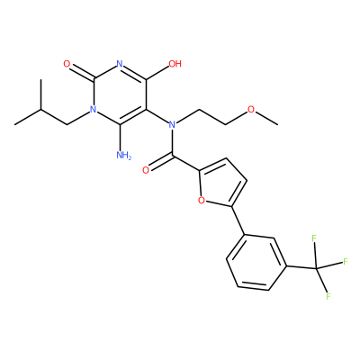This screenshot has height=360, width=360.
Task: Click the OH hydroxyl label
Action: point(175,64)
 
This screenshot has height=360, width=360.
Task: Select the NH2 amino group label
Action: point(123,155)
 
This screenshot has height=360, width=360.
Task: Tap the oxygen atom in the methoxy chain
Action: point(251,110)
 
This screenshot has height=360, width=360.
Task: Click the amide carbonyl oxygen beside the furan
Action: point(146,170)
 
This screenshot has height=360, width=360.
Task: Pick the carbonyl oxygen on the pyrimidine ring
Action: point(67,64)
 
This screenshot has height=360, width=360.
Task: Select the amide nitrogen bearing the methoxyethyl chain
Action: point(172,124)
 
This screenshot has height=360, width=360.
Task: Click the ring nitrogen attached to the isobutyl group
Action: point(94,110)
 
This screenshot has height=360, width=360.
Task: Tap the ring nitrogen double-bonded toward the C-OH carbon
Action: point(120,64)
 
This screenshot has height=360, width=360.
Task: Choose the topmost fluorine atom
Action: point(314,238)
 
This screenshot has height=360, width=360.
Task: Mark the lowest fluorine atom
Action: point(328,296)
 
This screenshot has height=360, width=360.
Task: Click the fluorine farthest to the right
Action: point(345,261)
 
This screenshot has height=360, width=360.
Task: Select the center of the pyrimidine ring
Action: point(120,94)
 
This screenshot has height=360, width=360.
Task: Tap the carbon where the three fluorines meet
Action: point(316,267)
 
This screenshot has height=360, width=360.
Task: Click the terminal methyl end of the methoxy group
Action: point(277,124)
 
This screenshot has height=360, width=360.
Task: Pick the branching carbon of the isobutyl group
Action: point(40,110)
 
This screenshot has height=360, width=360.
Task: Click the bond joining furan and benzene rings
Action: point(238,220)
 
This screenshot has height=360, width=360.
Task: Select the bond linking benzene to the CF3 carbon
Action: point(302,266)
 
